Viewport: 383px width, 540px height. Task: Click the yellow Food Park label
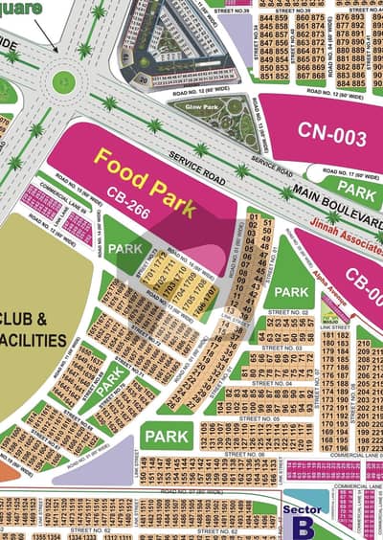tap(145, 176)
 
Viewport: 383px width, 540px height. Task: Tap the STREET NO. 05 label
tap(259, 418)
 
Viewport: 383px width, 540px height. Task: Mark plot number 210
tap(364, 343)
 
